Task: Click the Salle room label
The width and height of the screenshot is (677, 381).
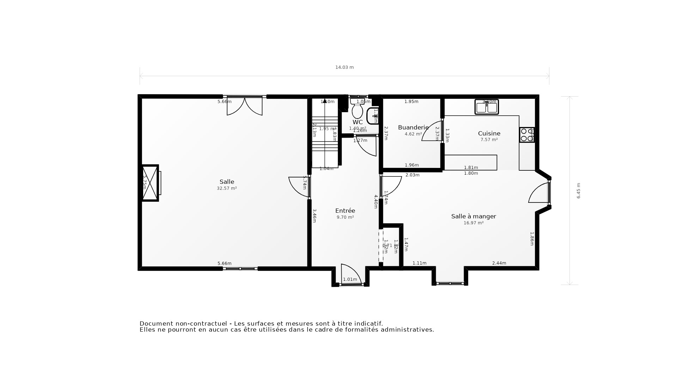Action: coord(227,182)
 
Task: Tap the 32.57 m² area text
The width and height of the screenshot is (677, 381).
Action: coord(227,188)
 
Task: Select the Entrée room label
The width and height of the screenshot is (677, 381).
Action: coord(345,211)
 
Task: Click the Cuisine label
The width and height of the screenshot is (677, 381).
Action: coord(489,133)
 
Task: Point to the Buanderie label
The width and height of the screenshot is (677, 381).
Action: coord(413,127)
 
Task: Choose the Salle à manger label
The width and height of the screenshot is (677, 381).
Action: coord(474,216)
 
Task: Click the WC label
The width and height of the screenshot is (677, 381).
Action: coord(358,122)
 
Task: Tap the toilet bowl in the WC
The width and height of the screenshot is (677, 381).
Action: coord(357,111)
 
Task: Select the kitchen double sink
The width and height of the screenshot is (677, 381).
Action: coord(487,107)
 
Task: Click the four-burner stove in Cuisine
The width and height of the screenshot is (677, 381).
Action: coord(527,135)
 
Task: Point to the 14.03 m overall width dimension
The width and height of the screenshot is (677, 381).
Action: coord(344,67)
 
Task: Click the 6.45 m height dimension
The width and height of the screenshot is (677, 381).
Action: coord(578,190)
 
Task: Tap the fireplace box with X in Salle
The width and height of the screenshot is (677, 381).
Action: coord(150,183)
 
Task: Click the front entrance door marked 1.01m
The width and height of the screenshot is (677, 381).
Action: coord(351,275)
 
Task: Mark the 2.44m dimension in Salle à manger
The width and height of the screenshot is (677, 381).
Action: coord(499,263)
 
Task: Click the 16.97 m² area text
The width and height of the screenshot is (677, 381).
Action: coord(474,223)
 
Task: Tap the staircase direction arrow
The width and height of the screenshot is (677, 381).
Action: coord(324,101)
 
